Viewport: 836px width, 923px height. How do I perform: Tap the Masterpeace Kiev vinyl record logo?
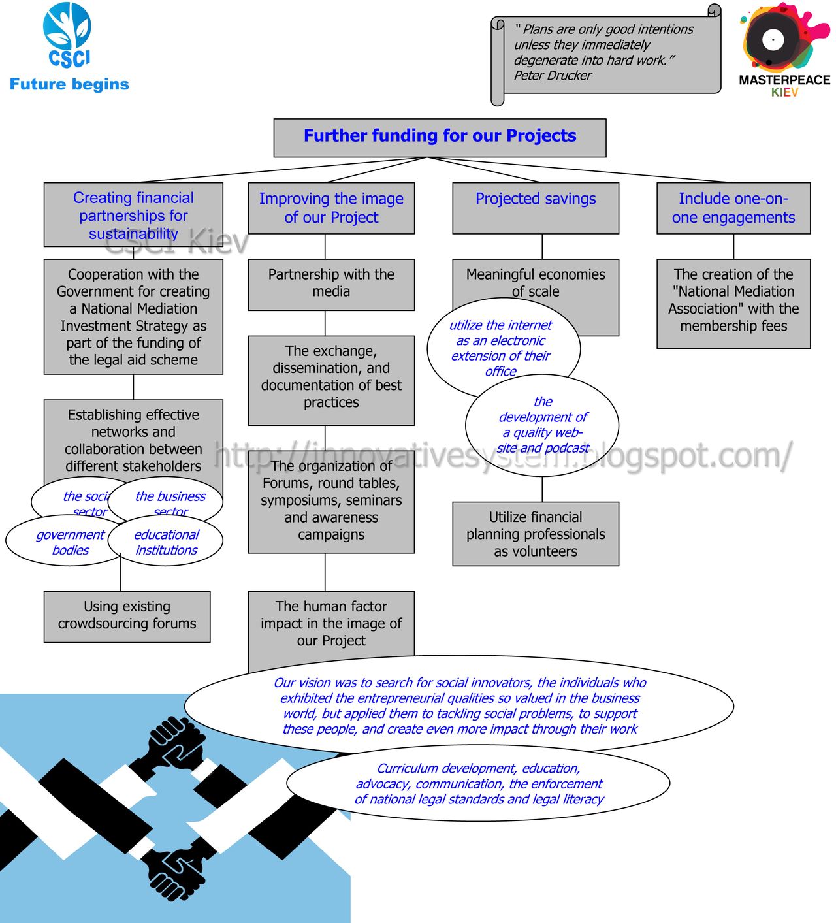(774, 39)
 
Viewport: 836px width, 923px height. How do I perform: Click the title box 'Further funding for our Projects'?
(440, 137)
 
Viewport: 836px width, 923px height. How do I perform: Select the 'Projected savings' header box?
(536, 208)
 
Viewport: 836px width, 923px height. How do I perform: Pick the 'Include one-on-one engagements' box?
(733, 208)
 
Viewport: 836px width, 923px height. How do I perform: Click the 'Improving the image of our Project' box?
(331, 208)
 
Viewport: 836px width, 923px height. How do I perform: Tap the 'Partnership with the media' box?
(331, 284)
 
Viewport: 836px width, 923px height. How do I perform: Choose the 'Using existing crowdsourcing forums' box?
(127, 616)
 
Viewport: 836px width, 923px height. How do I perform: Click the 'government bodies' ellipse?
(62, 542)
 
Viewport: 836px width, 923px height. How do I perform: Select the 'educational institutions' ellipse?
(167, 542)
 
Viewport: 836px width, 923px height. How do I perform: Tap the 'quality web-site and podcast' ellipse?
(542, 425)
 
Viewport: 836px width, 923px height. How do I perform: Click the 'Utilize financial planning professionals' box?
(536, 534)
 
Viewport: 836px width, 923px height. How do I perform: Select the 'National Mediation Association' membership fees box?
(733, 303)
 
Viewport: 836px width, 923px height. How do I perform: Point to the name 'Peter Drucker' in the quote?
(553, 76)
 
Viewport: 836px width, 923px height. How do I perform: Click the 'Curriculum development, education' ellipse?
(478, 783)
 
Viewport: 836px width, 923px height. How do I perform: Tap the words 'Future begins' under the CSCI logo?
(69, 84)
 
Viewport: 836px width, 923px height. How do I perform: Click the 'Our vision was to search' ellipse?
(459, 705)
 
